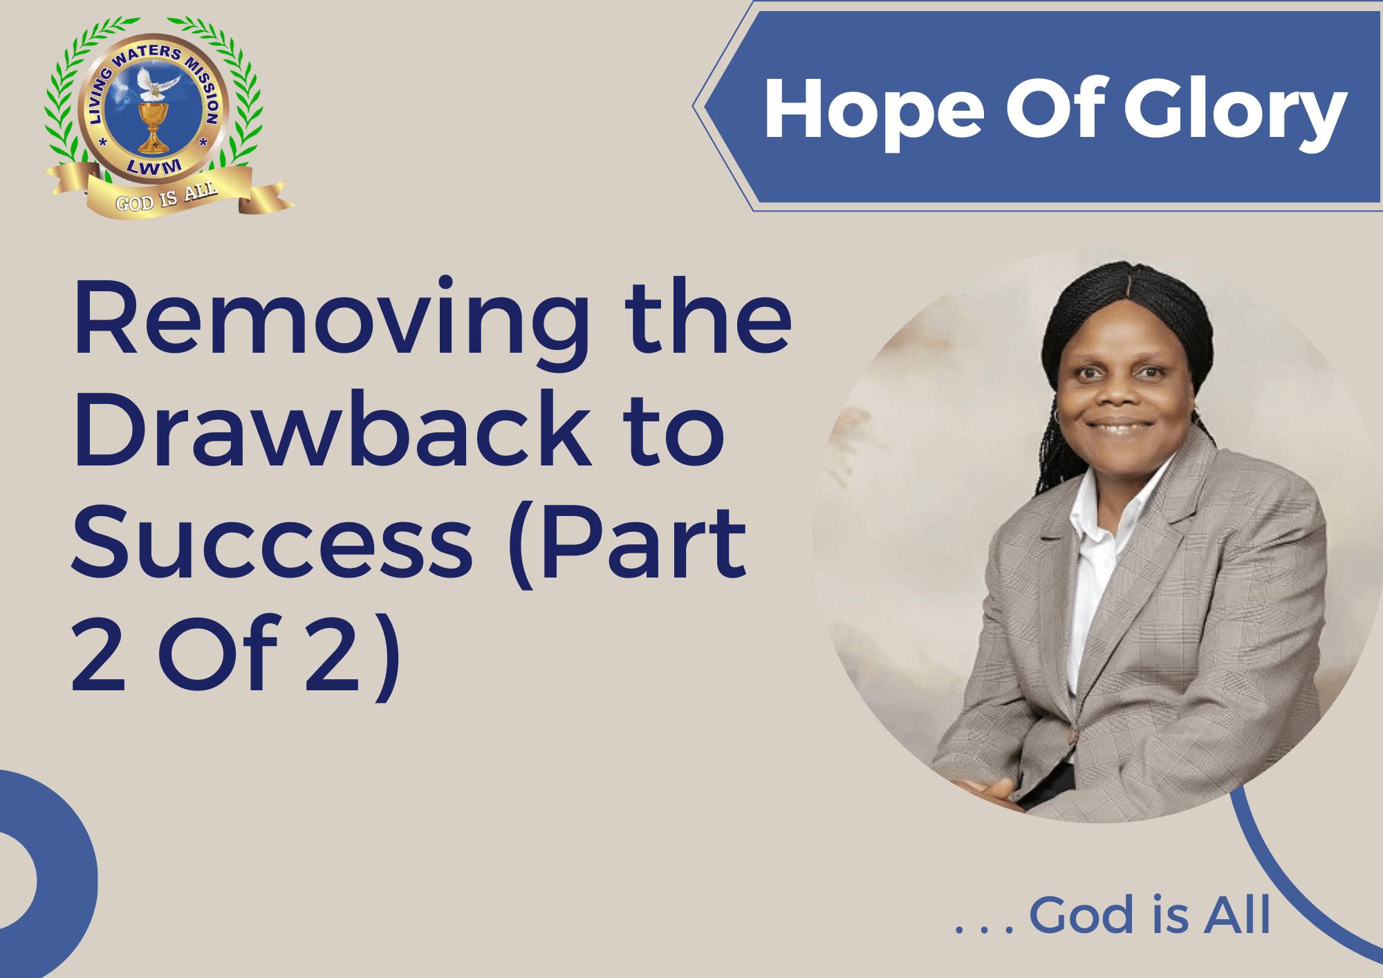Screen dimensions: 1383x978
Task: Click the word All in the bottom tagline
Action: (1237, 914)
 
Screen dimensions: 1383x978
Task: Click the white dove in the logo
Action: (156, 84)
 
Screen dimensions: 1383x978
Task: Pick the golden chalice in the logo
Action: (153, 127)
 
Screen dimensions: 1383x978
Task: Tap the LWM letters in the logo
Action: (155, 167)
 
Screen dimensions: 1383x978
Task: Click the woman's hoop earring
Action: (1057, 417)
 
